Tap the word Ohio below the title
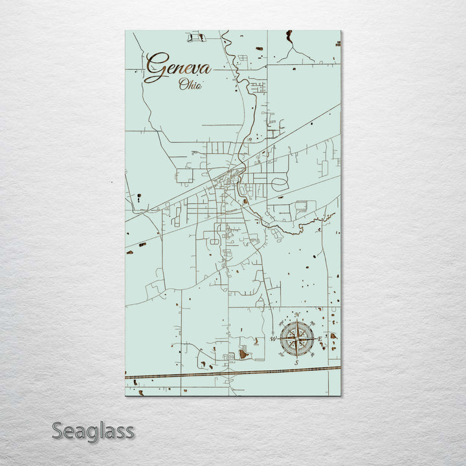pyautogui.click(x=190, y=85)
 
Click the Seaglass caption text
pyautogui.click(x=93, y=430)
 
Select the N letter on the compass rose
pyautogui.click(x=297, y=315)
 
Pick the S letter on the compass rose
pyautogui.click(x=296, y=362)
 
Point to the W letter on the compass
pyautogui.click(x=272, y=338)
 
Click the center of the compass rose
pyautogui.click(x=297, y=338)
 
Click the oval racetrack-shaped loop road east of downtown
pyautogui.click(x=280, y=184)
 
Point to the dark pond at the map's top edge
pyautogui.click(x=289, y=36)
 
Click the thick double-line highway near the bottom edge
pyautogui.click(x=233, y=373)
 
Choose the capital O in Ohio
pyautogui.click(x=183, y=84)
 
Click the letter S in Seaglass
pyautogui.click(x=58, y=430)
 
